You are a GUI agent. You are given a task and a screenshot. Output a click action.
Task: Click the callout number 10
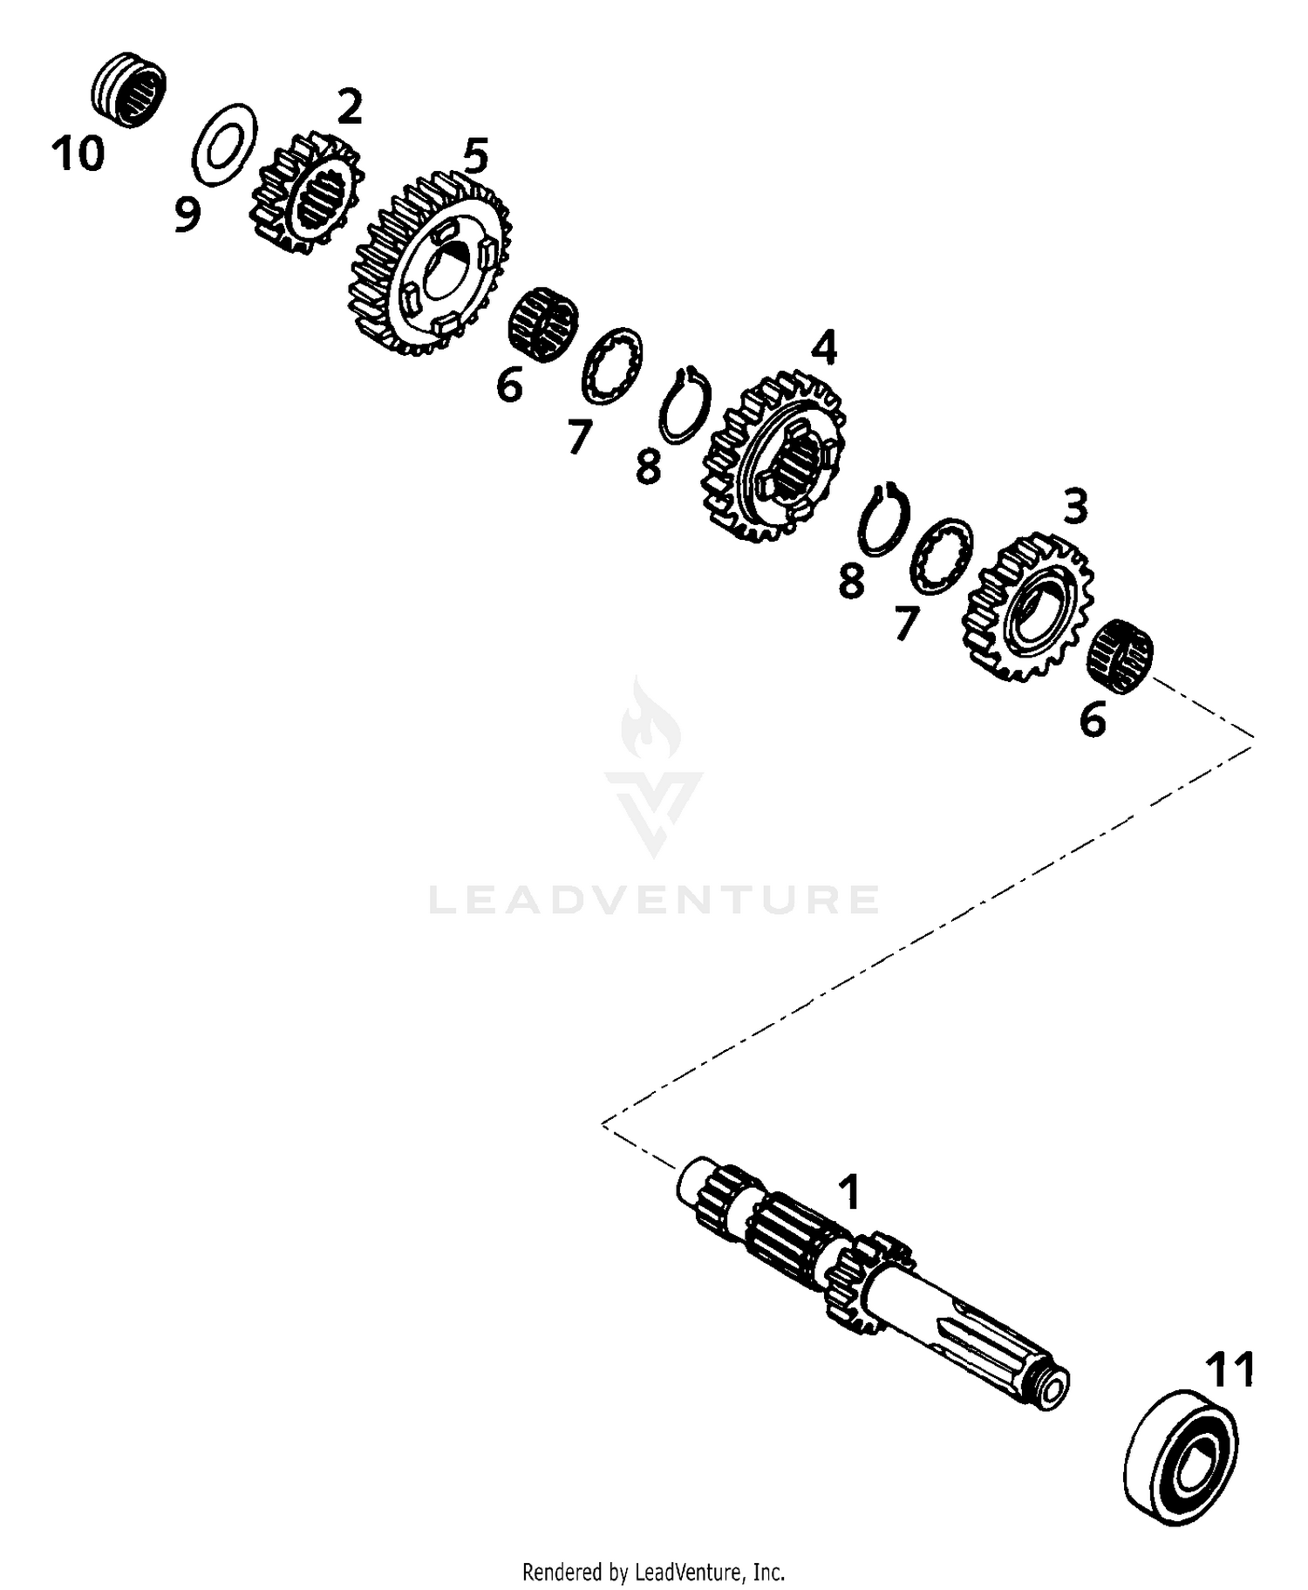(x=78, y=154)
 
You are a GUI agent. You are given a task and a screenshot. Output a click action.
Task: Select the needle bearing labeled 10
(x=129, y=90)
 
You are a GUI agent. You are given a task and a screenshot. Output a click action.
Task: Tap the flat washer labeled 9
(x=223, y=145)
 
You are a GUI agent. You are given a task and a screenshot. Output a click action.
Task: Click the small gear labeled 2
(x=306, y=194)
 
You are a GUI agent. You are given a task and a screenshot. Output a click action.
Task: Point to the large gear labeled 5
(x=431, y=264)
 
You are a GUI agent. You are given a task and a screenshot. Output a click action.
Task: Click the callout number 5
(x=475, y=156)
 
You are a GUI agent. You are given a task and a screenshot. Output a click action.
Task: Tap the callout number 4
(x=823, y=348)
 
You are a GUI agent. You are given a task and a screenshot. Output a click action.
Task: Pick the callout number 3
(x=1075, y=507)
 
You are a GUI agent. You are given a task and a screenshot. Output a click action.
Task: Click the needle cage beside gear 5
(x=542, y=325)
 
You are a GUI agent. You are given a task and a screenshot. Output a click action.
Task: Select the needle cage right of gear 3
(x=1121, y=658)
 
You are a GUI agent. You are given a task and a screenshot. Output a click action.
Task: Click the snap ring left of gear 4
(x=685, y=405)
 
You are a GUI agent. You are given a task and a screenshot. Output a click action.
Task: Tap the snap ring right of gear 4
(x=883, y=520)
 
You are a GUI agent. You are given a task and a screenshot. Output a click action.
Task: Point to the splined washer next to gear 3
(x=941, y=556)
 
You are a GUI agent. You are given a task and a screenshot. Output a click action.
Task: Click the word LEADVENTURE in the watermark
(x=654, y=899)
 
